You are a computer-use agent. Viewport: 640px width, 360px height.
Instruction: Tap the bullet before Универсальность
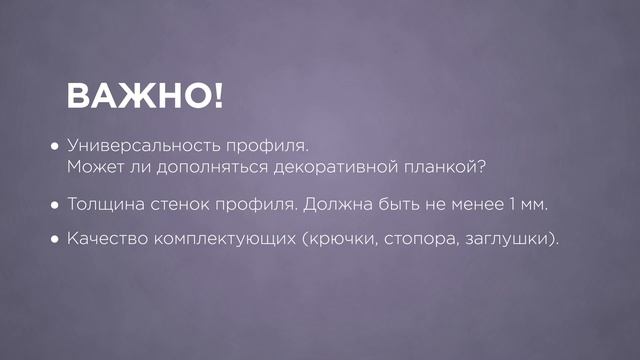tap(56, 145)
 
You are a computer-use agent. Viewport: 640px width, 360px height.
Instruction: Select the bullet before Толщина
tap(56, 205)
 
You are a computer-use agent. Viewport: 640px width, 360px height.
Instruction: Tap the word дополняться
tap(205, 168)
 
